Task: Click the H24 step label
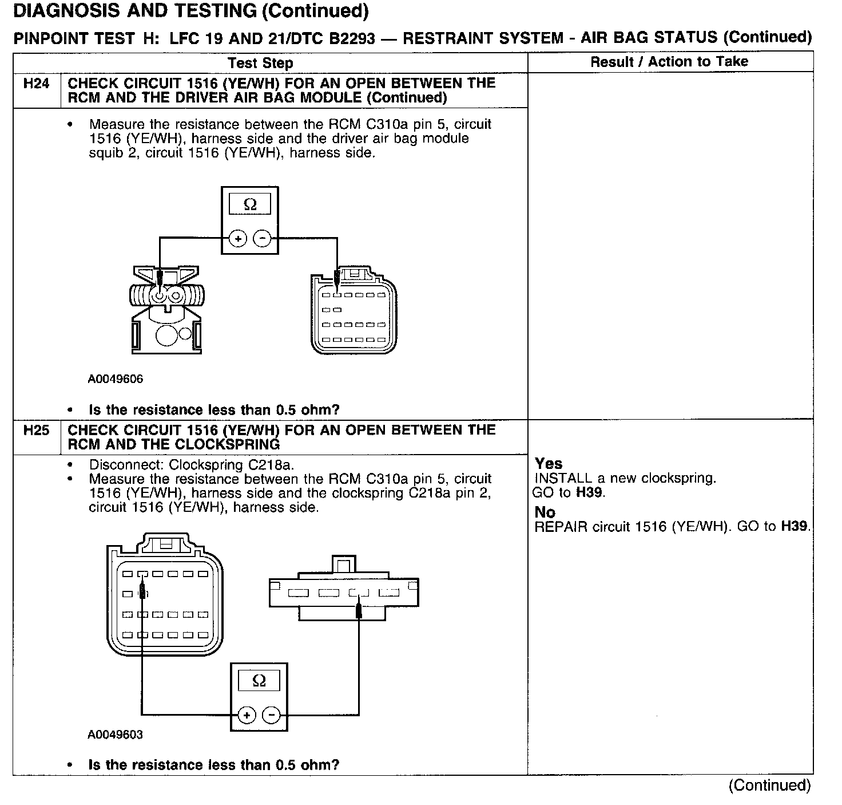pos(36,84)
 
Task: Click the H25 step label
pos(36,431)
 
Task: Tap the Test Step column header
pos(260,63)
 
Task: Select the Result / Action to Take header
pos(669,62)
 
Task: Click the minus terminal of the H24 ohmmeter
pos(262,239)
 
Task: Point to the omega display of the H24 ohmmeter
pos(250,204)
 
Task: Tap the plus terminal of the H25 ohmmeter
pos(246,715)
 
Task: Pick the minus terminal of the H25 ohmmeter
pos(271,715)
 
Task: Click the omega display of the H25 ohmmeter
pos(259,681)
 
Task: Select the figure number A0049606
pos(116,379)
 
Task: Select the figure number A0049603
pos(115,735)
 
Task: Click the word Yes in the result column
pos(549,464)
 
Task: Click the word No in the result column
pos(545,512)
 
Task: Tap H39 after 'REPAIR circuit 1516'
pos(795,526)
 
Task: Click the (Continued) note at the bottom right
pos(769,785)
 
